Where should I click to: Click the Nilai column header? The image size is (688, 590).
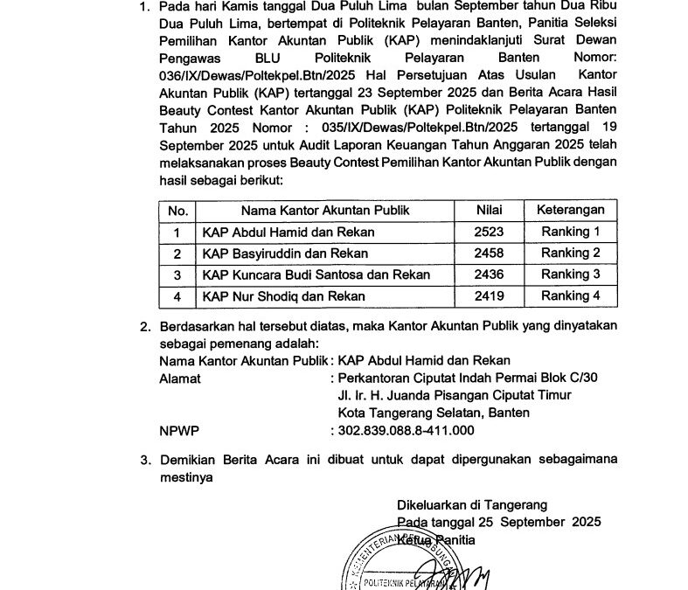[x=489, y=211]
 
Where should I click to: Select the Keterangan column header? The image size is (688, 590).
[x=570, y=211]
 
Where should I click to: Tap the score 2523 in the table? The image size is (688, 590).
[x=489, y=232]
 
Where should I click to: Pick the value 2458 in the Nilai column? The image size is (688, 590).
[x=489, y=253]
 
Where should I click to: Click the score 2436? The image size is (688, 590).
[x=489, y=274]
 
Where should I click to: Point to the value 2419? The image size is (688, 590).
[x=489, y=296]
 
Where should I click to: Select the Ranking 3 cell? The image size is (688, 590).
[x=570, y=274]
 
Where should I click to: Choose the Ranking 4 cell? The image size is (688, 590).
[x=570, y=296]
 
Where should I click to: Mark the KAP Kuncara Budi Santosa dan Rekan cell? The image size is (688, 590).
[x=316, y=274]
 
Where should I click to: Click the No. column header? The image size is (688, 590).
[x=177, y=211]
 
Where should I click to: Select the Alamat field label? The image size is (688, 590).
[x=180, y=378]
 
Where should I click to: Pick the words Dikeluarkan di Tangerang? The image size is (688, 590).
[x=471, y=504]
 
